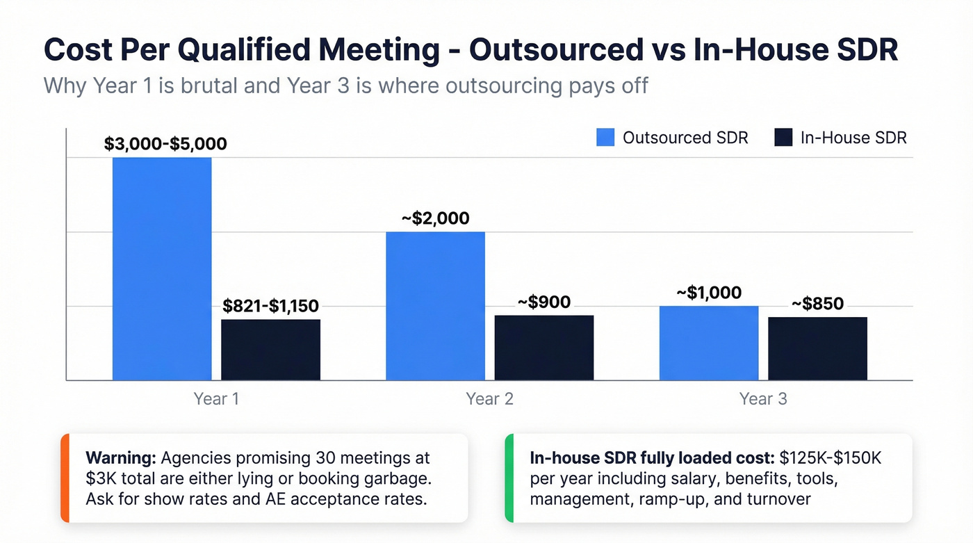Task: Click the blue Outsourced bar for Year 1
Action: tap(162, 268)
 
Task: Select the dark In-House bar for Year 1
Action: tap(270, 350)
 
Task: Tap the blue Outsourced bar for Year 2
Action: tap(435, 306)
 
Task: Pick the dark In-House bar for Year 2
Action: tap(544, 348)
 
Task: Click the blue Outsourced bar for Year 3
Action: tap(709, 343)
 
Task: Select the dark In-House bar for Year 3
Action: tap(817, 348)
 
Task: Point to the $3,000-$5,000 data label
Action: tap(165, 144)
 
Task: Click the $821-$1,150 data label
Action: tap(270, 306)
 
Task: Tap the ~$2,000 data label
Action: tap(435, 218)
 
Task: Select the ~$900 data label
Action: tap(544, 302)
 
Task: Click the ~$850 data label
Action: tap(817, 303)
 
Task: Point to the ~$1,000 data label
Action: tap(709, 293)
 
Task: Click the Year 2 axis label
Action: tap(489, 399)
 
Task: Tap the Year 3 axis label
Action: tap(763, 399)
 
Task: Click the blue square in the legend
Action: tap(605, 138)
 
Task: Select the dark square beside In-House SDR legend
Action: tap(783, 138)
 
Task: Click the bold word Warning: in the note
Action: tap(120, 459)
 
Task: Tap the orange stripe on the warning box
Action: tap(64, 478)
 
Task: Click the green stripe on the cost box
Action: tap(508, 478)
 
